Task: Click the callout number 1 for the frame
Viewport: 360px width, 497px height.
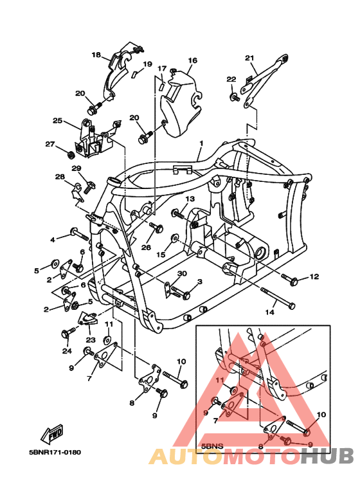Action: click(x=201, y=143)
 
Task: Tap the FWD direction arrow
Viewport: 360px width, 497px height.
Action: click(x=52, y=433)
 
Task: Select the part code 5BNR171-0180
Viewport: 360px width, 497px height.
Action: click(x=55, y=452)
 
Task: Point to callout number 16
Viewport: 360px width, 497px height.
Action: click(x=193, y=60)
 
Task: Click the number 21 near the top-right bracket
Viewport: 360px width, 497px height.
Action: click(x=249, y=58)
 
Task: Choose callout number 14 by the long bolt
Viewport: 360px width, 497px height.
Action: click(x=270, y=312)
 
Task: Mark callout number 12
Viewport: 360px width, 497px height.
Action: click(x=314, y=276)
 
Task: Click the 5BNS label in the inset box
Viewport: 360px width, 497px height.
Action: click(x=212, y=446)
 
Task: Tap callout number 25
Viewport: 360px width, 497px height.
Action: click(x=57, y=121)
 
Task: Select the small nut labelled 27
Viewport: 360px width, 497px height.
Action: click(x=71, y=155)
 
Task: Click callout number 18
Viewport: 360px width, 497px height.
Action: click(x=96, y=55)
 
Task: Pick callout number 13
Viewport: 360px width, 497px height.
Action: click(x=190, y=199)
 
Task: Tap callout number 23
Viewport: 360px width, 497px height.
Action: click(x=91, y=339)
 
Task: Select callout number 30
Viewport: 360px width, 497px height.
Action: click(x=182, y=273)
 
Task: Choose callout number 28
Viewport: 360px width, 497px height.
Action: click(x=60, y=177)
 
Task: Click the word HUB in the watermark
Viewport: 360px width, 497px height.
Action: click(x=327, y=456)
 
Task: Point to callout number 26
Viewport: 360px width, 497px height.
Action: click(x=146, y=248)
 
